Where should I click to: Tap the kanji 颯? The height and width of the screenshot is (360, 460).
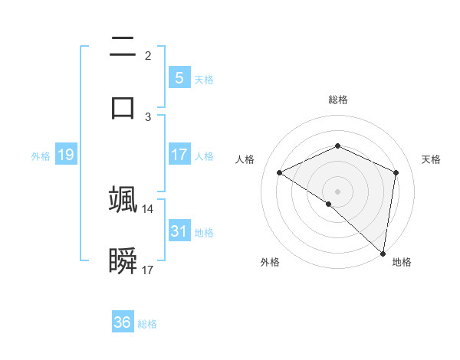(x=123, y=198)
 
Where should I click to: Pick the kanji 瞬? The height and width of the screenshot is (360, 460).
(x=123, y=261)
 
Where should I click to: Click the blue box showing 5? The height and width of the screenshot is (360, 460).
(x=179, y=78)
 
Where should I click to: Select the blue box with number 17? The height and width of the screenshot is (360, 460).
(x=179, y=155)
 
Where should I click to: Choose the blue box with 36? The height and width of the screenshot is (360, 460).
(x=122, y=322)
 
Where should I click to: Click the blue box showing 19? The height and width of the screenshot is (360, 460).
(x=65, y=155)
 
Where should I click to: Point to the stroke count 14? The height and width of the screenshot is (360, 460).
(x=148, y=208)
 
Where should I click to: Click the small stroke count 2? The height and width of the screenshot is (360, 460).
(x=148, y=55)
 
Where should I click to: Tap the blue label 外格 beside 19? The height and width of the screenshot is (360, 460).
(x=41, y=156)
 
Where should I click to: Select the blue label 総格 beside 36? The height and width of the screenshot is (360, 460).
(x=147, y=324)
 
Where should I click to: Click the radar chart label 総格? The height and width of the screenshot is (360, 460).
(x=338, y=100)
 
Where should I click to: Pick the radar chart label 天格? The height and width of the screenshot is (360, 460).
(x=431, y=159)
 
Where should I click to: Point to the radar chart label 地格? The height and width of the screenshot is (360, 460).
(x=402, y=262)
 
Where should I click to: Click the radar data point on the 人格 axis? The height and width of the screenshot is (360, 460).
(x=280, y=172)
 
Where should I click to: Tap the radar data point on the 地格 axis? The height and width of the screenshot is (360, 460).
(x=383, y=253)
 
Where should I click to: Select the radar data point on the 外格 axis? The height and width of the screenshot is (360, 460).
(x=329, y=204)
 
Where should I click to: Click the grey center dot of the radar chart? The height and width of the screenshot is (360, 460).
(x=338, y=191)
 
